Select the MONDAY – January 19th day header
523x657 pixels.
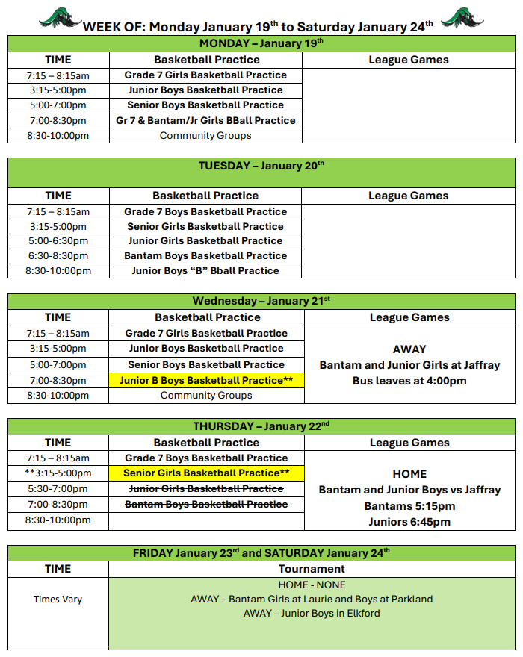tap(261, 43)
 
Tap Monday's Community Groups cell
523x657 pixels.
tap(205, 136)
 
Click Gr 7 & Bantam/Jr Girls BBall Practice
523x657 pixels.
tap(205, 120)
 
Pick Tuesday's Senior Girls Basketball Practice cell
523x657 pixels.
tap(205, 226)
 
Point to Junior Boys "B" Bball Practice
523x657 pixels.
tap(205, 270)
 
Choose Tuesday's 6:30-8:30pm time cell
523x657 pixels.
tap(58, 255)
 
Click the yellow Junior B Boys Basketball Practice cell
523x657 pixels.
tap(206, 380)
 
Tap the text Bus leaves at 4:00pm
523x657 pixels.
tap(409, 381)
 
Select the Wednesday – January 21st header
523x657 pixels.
tap(261, 301)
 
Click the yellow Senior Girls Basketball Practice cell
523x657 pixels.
tap(206, 473)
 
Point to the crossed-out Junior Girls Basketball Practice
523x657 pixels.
tap(206, 488)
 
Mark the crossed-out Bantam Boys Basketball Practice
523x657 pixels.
tap(206, 505)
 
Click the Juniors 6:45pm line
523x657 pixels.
tap(409, 522)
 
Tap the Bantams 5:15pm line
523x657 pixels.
tap(409, 506)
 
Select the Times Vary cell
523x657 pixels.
tap(58, 599)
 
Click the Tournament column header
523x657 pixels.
tap(312, 569)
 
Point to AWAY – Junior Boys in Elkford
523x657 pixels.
tap(312, 614)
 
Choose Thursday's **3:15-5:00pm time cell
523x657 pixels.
tap(58, 473)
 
